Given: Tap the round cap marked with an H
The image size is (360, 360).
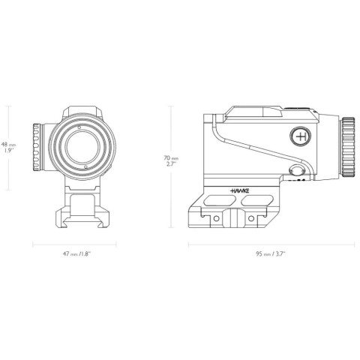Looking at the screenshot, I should click(301, 137).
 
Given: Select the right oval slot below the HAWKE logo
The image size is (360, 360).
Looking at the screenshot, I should click(259, 201).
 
